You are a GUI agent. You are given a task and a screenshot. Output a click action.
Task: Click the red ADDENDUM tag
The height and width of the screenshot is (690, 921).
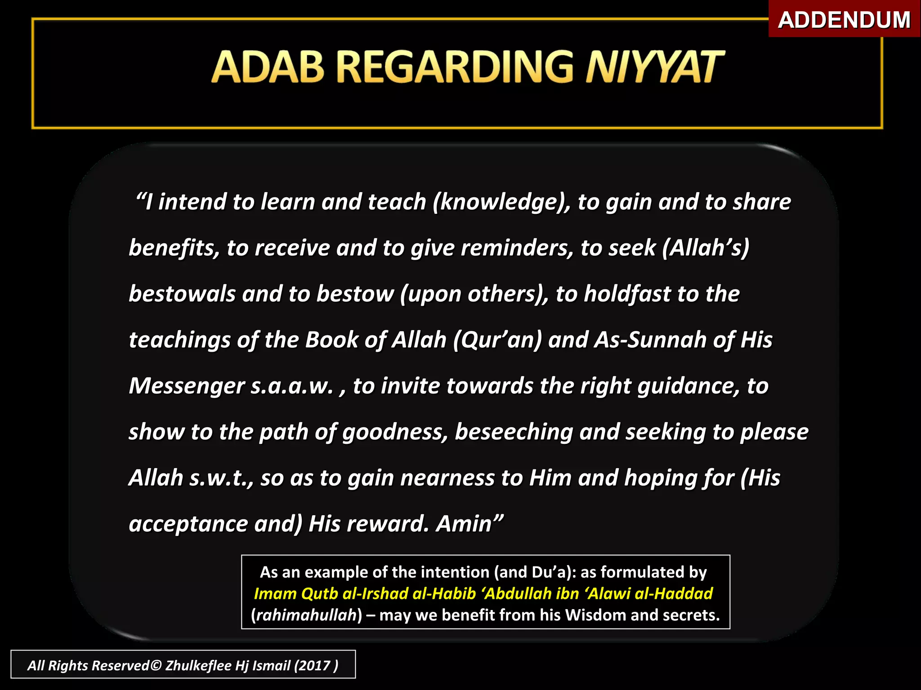(844, 19)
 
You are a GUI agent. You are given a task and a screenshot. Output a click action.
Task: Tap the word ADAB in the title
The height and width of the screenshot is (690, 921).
(268, 67)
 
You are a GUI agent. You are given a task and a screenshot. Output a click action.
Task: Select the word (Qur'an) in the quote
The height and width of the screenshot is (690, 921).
(497, 340)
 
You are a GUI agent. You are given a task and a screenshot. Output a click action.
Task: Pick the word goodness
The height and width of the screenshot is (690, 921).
(395, 433)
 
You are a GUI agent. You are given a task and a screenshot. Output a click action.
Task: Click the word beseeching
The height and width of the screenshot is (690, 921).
(514, 433)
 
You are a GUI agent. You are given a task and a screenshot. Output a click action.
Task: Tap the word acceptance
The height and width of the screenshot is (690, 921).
(188, 524)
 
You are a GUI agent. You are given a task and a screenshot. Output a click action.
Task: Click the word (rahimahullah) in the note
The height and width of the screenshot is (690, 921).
(306, 615)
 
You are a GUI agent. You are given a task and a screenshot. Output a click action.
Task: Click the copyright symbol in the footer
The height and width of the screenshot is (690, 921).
(156, 665)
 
